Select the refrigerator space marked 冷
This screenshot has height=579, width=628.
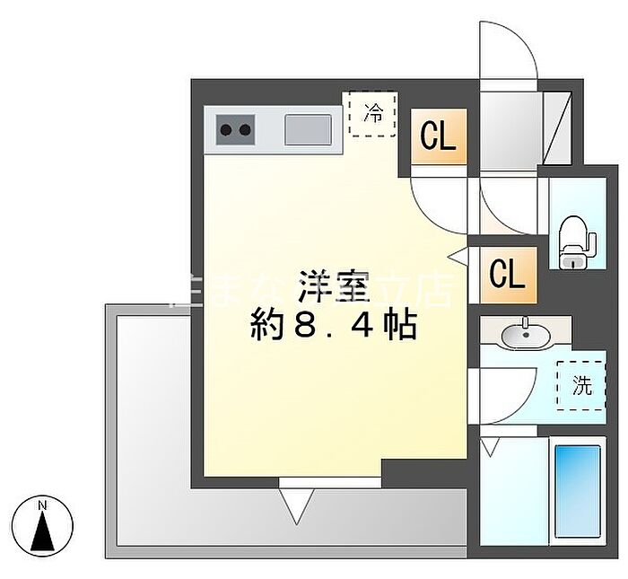(x=372, y=113)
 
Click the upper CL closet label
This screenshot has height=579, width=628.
(x=439, y=137)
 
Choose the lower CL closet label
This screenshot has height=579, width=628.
(x=507, y=275)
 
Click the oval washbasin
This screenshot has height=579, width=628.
(x=525, y=336)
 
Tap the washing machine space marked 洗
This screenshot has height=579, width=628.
(x=581, y=386)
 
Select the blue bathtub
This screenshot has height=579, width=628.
(x=577, y=490)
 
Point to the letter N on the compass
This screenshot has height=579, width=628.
(x=42, y=505)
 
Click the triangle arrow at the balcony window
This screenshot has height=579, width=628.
(x=296, y=509)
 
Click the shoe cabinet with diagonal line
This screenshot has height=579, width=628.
(x=558, y=127)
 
